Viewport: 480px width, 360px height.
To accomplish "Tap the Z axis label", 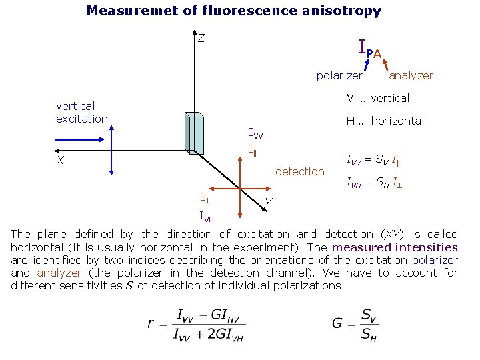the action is pyautogui.click(x=201, y=38).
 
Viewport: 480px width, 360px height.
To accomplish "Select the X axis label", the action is pyautogui.click(x=61, y=161).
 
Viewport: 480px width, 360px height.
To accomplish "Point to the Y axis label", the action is pyautogui.click(x=267, y=202).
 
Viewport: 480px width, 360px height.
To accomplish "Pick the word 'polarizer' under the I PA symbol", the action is pyautogui.click(x=339, y=75).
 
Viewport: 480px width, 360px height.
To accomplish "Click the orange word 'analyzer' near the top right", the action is pyautogui.click(x=411, y=75).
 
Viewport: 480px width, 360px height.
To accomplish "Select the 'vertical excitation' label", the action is pyautogui.click(x=82, y=112).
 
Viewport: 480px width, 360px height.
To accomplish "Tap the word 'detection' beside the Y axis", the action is pyautogui.click(x=299, y=171).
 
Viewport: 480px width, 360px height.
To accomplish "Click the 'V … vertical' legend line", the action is pyautogui.click(x=377, y=98).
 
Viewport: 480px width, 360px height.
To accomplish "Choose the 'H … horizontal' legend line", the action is pyautogui.click(x=385, y=121).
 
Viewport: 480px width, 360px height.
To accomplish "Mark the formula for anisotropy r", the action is pyautogui.click(x=197, y=325).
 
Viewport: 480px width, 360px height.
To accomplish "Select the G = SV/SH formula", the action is pyautogui.click(x=355, y=324).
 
